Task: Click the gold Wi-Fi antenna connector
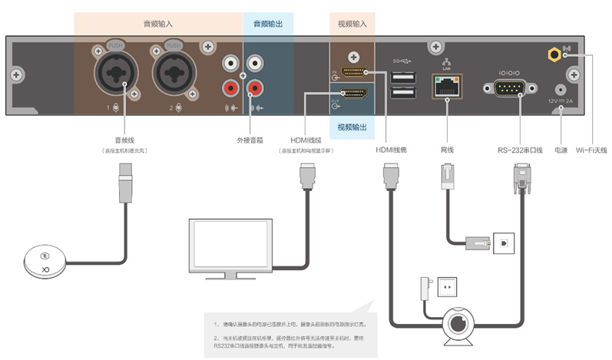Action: [x=552, y=54]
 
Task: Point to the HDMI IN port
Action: [x=352, y=74]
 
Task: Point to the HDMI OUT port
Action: [x=352, y=95]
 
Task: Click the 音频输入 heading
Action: [x=158, y=24]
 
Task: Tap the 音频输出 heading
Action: [x=268, y=24]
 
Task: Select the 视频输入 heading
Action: [x=352, y=24]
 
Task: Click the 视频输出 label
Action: [x=352, y=127]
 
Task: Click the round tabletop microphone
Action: [x=47, y=261]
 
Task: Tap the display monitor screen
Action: [x=230, y=245]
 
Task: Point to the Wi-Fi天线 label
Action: [x=591, y=150]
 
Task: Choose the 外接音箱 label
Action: [x=250, y=140]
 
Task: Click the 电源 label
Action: [x=561, y=150]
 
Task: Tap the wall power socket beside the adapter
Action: [x=447, y=289]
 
